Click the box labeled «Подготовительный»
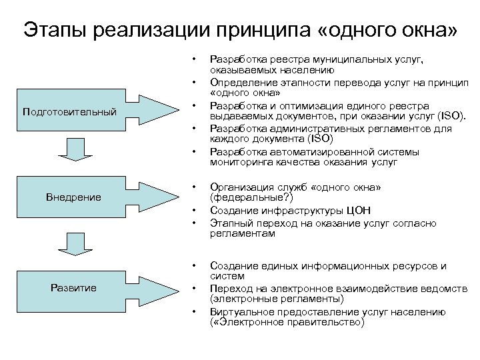pos(69,111)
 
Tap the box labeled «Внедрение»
pos(73,197)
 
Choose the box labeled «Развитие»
pos(73,287)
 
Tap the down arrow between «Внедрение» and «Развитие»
pos(79,243)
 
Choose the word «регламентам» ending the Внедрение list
pos(242,234)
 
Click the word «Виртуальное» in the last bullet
pos(241,312)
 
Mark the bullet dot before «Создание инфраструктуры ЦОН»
pos(193,211)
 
